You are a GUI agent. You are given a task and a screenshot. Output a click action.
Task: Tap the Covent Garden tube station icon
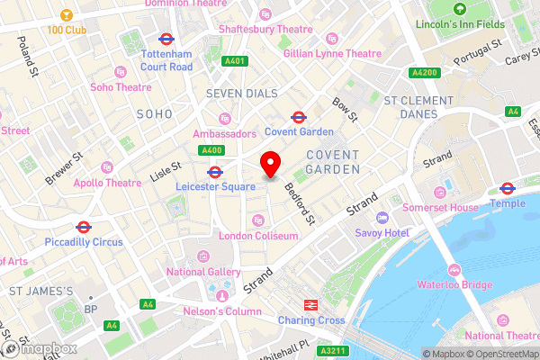click(298, 117)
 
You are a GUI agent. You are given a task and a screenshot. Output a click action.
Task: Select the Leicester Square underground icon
click(215, 172)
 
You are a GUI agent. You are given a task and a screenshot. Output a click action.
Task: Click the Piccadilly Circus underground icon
click(83, 228)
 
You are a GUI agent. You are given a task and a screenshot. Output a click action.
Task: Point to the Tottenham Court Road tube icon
click(166, 40)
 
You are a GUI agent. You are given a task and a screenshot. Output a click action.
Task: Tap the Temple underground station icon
click(507, 189)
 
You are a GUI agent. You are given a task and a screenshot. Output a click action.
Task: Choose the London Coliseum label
click(258, 236)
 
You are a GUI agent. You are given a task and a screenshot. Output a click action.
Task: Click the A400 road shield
click(211, 150)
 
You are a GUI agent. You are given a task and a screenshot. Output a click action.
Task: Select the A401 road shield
click(235, 62)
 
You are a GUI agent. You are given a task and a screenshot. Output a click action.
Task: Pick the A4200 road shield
click(423, 72)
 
